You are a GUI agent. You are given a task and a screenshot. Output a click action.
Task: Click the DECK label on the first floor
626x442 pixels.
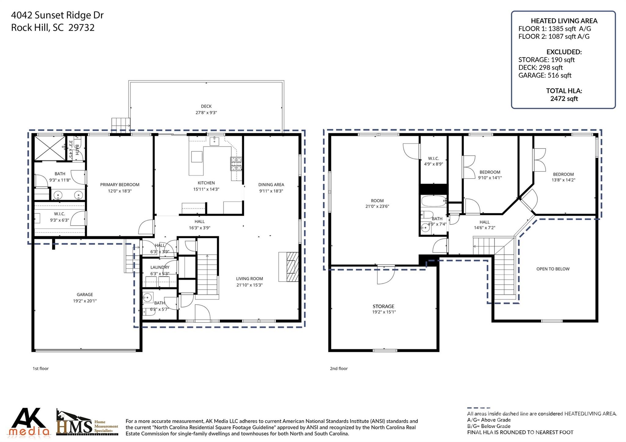click(206, 106)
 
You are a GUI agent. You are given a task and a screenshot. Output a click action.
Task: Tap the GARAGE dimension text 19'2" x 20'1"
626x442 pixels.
click(85, 301)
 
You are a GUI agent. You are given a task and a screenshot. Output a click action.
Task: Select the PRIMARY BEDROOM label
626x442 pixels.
click(120, 184)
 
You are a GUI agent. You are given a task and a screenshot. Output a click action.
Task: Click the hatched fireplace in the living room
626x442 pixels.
click(288, 267)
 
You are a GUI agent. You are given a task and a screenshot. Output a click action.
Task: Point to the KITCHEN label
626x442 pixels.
click(206, 183)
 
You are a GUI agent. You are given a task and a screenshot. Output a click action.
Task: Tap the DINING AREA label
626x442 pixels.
click(271, 184)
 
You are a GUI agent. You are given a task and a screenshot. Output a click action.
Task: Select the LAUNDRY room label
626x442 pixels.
click(160, 267)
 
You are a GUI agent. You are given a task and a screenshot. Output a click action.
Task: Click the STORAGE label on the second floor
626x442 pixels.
click(383, 306)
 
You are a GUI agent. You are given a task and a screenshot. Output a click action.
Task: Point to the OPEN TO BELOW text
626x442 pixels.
click(553, 269)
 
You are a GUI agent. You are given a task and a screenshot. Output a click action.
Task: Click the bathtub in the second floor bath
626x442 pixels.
click(433, 201)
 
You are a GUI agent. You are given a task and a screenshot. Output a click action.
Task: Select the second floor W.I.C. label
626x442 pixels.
click(433, 158)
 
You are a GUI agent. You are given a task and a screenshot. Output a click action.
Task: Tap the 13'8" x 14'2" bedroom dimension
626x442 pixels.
click(563, 180)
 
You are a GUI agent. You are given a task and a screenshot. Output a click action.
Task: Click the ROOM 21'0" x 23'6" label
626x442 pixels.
click(377, 203)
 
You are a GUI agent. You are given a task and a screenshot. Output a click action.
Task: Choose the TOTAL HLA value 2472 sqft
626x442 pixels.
click(564, 98)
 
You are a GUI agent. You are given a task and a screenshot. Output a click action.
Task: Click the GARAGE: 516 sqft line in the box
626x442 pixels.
click(544, 75)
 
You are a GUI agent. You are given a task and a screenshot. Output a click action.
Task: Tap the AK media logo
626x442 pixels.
click(29, 422)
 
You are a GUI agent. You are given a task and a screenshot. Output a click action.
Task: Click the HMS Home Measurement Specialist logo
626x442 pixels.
click(87, 423)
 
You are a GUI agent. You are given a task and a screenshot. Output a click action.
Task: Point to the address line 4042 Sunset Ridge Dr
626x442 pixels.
click(57, 15)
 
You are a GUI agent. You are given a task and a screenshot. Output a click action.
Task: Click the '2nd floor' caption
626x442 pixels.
click(338, 368)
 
